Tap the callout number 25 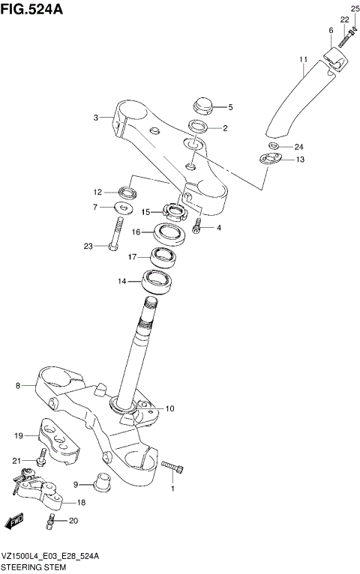(355, 8)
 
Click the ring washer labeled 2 (198, 127)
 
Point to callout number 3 (96, 117)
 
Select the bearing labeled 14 (157, 283)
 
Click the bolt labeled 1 (172, 469)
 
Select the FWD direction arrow (13, 521)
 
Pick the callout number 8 (17, 386)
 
